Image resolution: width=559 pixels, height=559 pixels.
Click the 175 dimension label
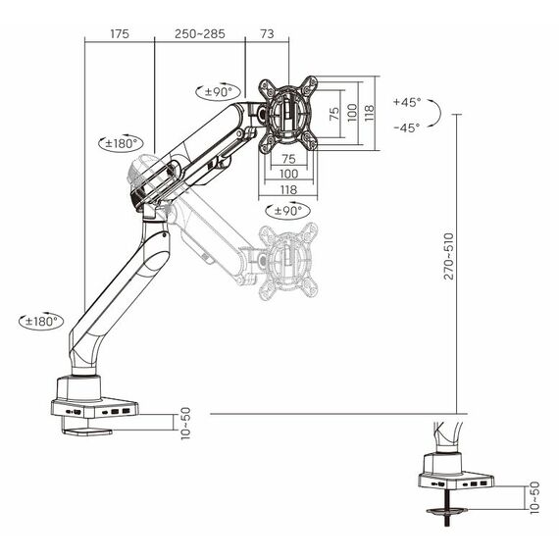(120, 34)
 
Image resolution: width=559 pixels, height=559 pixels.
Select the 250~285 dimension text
(200, 34)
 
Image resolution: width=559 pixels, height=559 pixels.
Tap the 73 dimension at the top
(267, 34)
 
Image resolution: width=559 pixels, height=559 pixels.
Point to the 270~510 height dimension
(448, 256)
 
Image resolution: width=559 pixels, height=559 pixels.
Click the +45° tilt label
(407, 102)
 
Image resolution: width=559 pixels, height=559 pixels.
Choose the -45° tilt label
(407, 127)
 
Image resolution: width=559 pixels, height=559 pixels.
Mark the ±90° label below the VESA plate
(288, 211)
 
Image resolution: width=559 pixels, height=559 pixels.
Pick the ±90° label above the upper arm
(218, 92)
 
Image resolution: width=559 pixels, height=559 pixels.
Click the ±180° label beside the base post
(41, 322)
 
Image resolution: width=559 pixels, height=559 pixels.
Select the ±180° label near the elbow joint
(122, 143)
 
